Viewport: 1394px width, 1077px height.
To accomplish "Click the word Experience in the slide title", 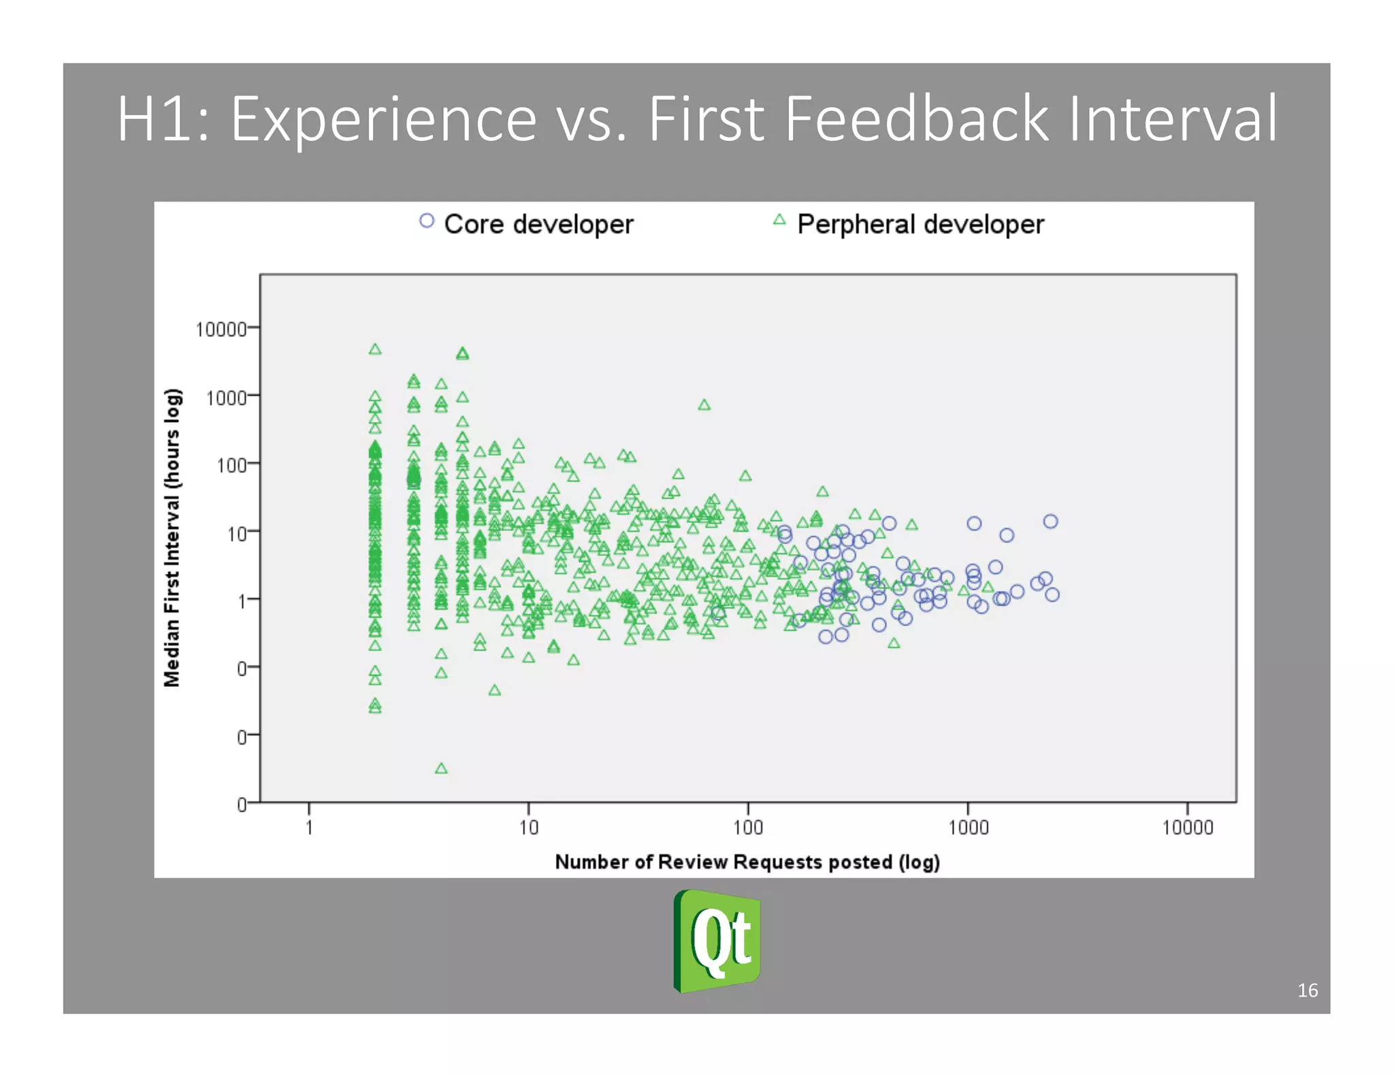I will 383,120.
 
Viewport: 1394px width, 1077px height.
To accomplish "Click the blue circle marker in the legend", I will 427,221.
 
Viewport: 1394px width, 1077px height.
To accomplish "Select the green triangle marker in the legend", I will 779,220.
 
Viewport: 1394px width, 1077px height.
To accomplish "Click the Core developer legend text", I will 538,224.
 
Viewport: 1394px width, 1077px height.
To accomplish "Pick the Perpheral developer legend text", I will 920,224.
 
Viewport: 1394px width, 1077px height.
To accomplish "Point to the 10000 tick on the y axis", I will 221,329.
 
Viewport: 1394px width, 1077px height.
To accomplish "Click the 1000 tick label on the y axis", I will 226,398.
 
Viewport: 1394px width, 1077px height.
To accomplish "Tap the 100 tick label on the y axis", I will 231,466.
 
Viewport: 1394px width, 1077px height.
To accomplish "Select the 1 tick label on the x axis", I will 309,827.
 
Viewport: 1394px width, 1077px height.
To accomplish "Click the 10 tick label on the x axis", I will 528,827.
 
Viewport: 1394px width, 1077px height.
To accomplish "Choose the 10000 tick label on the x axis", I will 1187,827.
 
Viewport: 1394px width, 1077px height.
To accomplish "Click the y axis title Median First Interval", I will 172,538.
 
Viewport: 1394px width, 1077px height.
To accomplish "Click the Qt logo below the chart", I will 717,942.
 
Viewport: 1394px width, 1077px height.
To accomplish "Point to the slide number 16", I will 1307,990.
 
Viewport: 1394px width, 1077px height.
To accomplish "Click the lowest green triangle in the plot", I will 441,769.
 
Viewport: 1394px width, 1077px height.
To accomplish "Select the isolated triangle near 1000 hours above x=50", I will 704,405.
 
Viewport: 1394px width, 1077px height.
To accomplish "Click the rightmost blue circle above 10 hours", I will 1050,521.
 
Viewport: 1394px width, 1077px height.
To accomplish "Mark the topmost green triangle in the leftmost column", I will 375,349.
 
